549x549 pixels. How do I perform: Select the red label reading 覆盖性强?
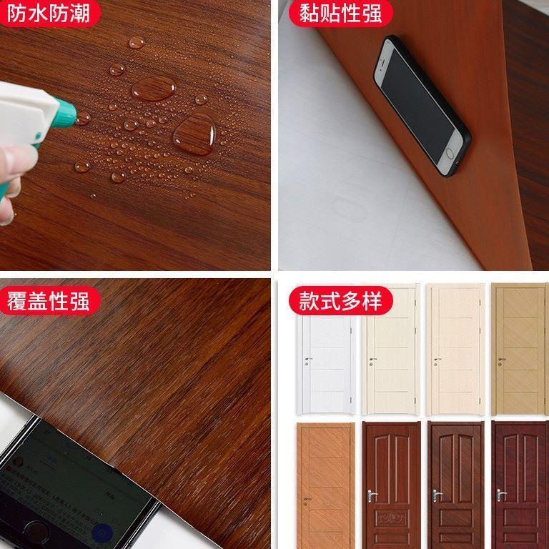coord(49,301)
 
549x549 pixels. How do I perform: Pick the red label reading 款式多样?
coord(340,301)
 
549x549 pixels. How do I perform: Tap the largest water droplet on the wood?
coord(194,135)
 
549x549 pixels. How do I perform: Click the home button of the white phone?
coord(449,154)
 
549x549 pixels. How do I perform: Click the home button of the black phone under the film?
coord(36,531)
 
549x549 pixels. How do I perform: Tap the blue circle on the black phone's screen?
coord(102,533)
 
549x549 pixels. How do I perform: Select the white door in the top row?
coord(326,364)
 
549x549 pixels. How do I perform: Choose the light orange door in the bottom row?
coord(326,485)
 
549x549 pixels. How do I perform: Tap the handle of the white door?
coord(308,360)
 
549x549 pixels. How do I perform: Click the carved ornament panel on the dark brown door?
coord(391,518)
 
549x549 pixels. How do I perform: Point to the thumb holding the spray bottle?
coord(17,159)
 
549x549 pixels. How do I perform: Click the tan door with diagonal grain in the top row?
coord(519,349)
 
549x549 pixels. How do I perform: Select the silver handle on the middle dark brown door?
coord(437,495)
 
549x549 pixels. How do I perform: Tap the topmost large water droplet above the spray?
coord(137,43)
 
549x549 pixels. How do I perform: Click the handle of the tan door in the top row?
coord(502,360)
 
